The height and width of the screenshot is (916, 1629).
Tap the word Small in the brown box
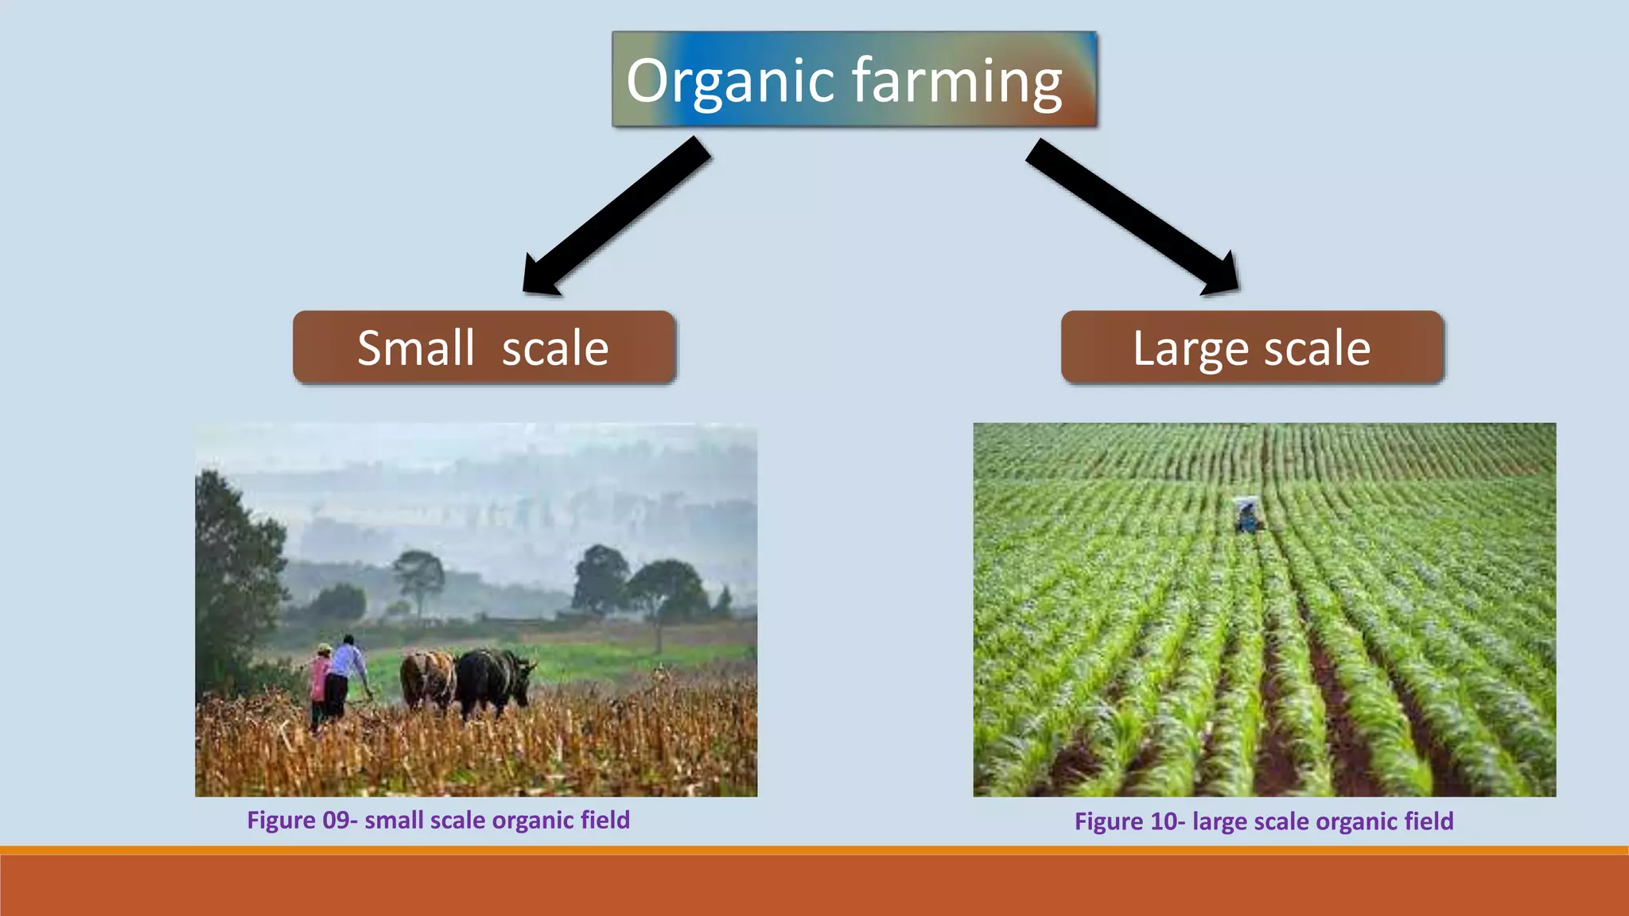point(415,348)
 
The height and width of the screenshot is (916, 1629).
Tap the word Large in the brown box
point(1190,348)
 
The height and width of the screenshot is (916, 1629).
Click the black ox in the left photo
point(492,680)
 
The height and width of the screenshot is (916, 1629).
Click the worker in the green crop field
point(1247,515)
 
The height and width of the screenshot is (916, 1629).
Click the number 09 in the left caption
point(336,820)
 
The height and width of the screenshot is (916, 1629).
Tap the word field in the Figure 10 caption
point(1429,821)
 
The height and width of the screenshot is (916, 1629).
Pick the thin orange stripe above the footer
point(814,850)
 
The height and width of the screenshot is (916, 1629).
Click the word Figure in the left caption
point(281,820)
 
